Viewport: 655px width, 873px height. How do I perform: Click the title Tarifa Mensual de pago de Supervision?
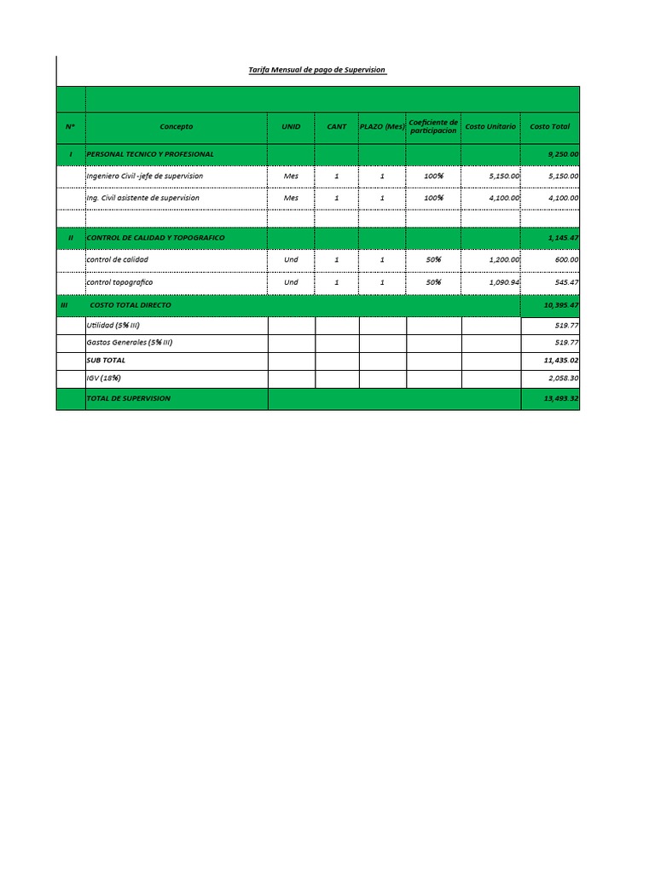[x=316, y=70]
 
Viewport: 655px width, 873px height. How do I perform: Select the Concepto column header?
[x=177, y=127]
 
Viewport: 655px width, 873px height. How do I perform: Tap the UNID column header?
[x=291, y=127]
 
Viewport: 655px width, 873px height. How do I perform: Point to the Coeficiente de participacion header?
[x=433, y=127]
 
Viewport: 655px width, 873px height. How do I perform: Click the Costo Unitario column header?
[x=490, y=127]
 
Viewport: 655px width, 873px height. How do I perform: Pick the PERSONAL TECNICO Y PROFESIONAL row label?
[x=150, y=153]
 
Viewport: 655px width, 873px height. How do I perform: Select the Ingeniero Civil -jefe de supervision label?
[x=145, y=176]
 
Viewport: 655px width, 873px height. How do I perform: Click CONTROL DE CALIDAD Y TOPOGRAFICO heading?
[x=156, y=237]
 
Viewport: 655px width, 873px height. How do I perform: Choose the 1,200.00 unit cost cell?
[x=504, y=259]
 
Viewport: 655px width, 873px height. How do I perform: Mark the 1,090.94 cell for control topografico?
[x=504, y=281]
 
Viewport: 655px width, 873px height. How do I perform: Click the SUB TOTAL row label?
[x=106, y=361]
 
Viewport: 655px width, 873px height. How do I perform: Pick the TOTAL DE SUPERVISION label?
[x=129, y=398]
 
